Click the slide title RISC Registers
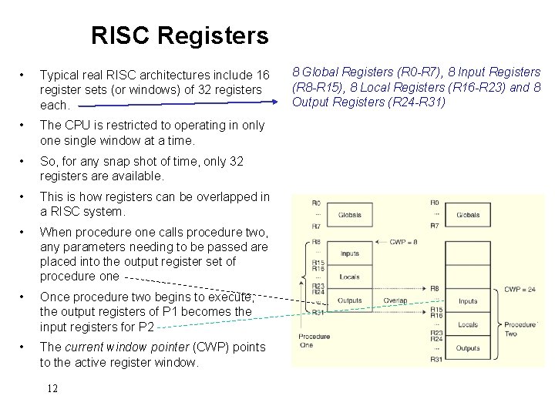click(x=179, y=35)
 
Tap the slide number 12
click(x=52, y=388)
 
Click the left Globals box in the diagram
click(x=349, y=215)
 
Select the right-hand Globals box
click(x=468, y=215)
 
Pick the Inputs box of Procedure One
click(x=349, y=253)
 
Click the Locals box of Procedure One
click(x=349, y=277)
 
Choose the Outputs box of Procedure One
click(x=349, y=300)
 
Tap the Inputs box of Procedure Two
click(x=468, y=301)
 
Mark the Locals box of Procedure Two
click(x=468, y=325)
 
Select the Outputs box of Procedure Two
click(x=468, y=348)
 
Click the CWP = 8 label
click(x=404, y=242)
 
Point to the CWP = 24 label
click(x=520, y=290)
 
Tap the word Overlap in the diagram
click(x=395, y=300)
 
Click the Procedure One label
click(x=314, y=341)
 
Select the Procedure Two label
click(x=520, y=329)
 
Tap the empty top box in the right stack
click(x=468, y=253)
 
